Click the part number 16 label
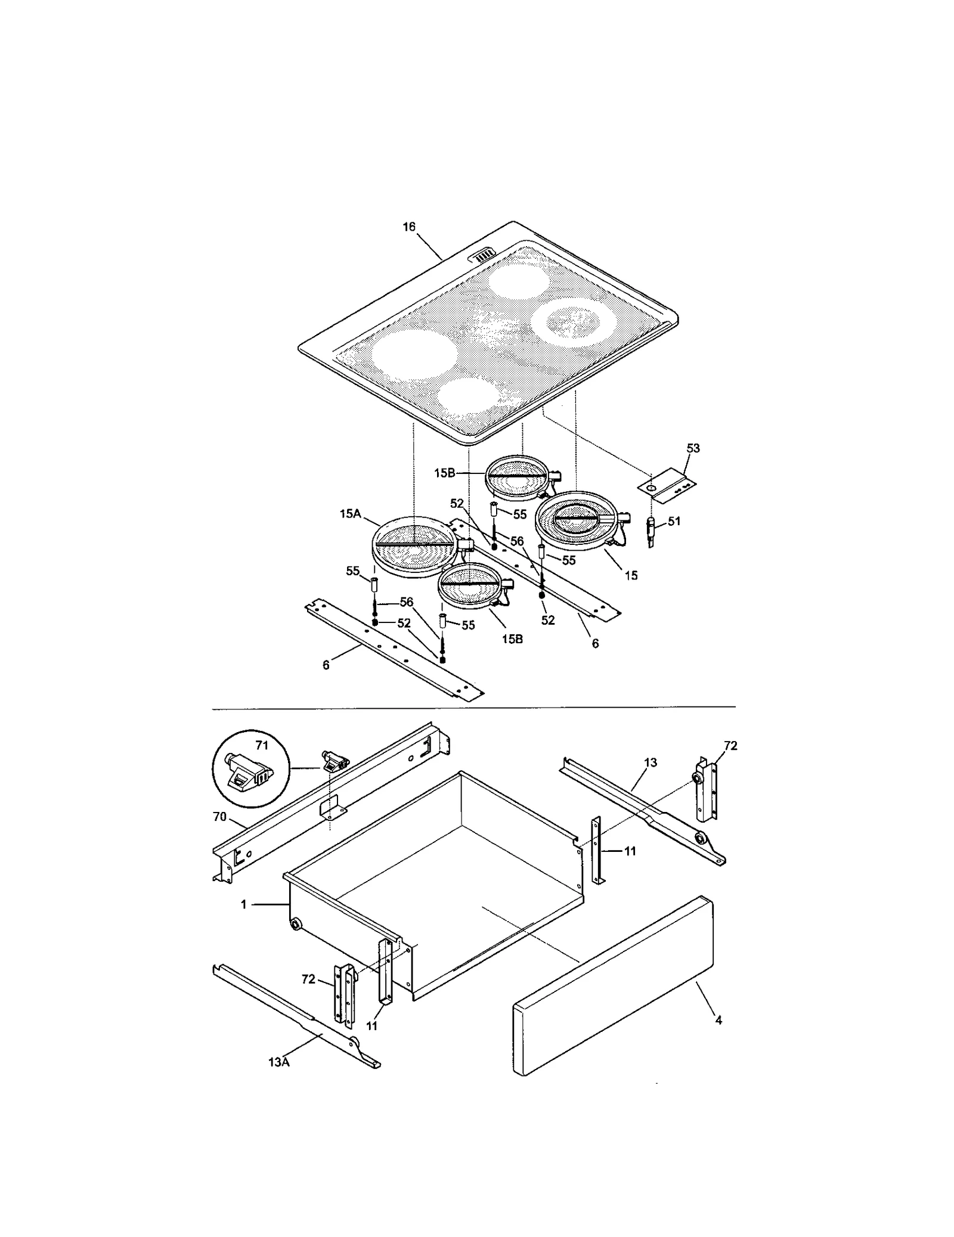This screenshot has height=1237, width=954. [x=408, y=227]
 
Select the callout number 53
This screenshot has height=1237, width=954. [x=693, y=448]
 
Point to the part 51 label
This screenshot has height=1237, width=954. [x=674, y=521]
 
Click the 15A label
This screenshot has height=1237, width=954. [x=350, y=513]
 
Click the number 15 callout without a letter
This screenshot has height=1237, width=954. [x=631, y=575]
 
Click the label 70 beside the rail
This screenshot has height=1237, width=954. [x=219, y=817]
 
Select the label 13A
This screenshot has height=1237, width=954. [x=278, y=1062]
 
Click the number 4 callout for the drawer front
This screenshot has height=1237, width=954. [x=718, y=1020]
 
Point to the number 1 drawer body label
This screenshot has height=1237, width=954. [x=243, y=904]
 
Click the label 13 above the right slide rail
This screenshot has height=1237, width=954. [x=651, y=762]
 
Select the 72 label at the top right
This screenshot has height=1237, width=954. [x=730, y=745]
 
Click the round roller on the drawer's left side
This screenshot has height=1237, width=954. [x=295, y=925]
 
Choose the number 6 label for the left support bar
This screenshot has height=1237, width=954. [x=326, y=665]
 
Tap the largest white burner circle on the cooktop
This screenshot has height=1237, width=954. [x=414, y=354]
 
